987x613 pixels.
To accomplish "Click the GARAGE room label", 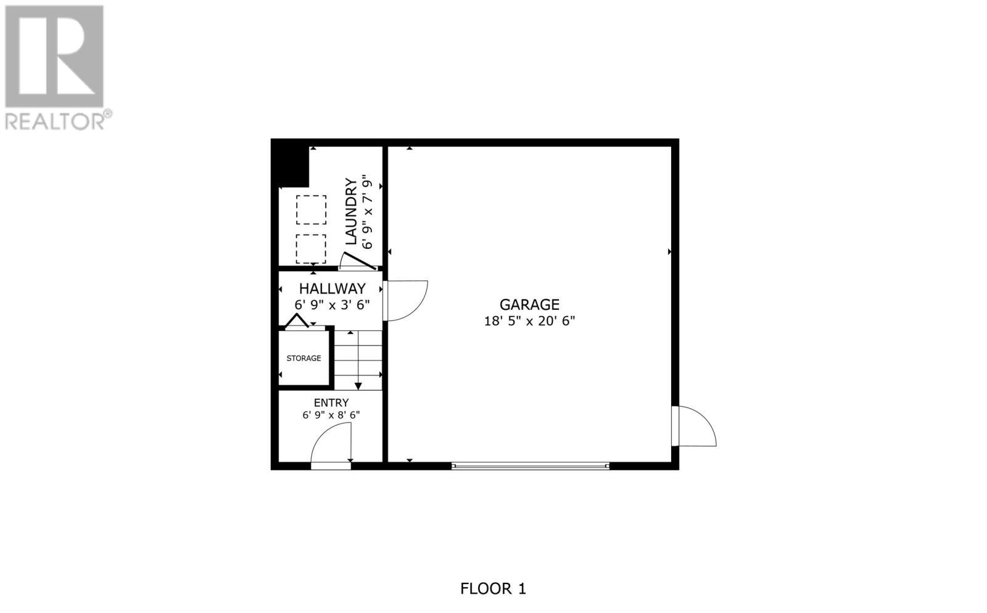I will (x=529, y=304).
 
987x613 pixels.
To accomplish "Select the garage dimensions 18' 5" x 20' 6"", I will (x=529, y=321).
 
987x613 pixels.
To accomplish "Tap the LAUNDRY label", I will (x=351, y=211).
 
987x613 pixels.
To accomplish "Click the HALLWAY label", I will (x=332, y=288).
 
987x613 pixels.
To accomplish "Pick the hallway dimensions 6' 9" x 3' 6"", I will (x=332, y=304).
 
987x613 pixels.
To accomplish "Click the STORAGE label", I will (x=304, y=358).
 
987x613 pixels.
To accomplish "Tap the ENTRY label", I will (x=331, y=402).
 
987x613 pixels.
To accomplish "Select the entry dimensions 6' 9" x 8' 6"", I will (x=331, y=415).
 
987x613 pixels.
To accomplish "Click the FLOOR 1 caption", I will (x=493, y=588).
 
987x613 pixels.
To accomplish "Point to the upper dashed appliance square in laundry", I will (x=311, y=210).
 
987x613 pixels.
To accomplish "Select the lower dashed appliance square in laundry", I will (x=311, y=249).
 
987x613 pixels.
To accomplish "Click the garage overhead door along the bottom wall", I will (x=531, y=466).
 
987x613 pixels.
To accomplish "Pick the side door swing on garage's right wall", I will (x=696, y=426).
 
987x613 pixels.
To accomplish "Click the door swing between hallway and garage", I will (x=405, y=301).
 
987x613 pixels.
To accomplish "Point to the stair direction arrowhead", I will (x=358, y=386).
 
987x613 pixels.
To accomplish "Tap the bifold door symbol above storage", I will (x=297, y=321).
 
